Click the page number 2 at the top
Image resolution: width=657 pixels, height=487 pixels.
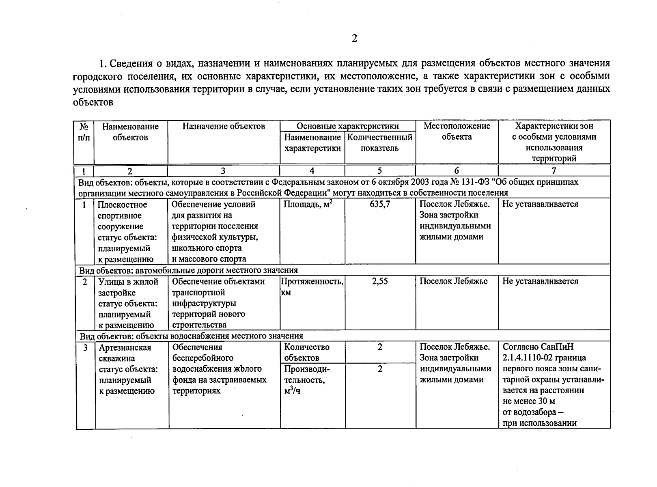(x=354, y=39)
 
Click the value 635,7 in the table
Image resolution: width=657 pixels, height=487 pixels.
(x=380, y=204)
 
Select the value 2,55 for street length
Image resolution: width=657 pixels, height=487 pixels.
(x=380, y=281)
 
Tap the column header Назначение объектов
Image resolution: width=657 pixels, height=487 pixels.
(x=224, y=126)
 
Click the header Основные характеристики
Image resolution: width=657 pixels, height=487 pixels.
(x=347, y=126)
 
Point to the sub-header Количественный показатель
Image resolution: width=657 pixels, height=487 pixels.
(x=380, y=142)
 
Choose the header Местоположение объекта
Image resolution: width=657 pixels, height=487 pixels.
(x=457, y=131)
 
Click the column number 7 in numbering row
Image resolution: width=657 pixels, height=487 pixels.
(x=554, y=171)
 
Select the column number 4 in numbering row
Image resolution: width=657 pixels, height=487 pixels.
(x=312, y=171)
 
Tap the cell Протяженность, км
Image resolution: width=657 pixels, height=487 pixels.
(x=312, y=286)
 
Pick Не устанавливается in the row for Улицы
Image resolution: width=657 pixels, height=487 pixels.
(x=540, y=281)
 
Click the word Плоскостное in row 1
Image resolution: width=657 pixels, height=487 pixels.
(x=122, y=205)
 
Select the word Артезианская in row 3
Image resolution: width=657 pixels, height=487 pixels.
(x=125, y=347)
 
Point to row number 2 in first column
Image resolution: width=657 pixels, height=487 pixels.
(x=85, y=282)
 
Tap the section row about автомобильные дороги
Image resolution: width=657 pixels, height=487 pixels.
(x=188, y=270)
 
